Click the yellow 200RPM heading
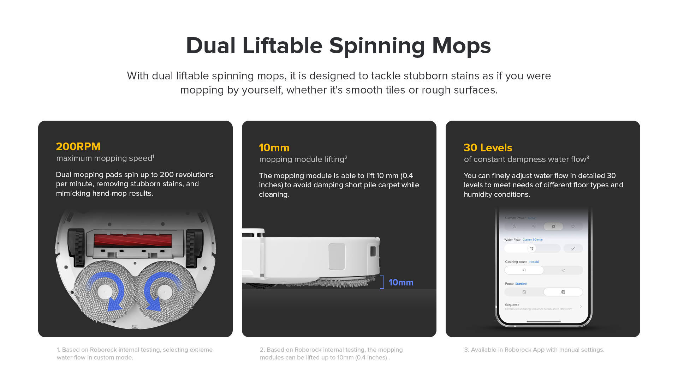pos(78,146)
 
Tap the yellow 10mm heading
pos(274,147)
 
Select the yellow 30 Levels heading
pos(488,147)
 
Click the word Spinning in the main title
pos(377,46)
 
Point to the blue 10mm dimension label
pos(401,282)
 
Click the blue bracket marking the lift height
pos(382,282)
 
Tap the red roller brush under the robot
pos(133,240)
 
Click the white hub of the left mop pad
pos(105,292)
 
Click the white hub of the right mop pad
pos(165,292)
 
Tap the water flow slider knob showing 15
pos(531,248)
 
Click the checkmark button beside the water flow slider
pos(573,248)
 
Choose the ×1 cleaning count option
pos(524,270)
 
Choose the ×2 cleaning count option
pos(563,270)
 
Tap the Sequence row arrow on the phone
pos(581,307)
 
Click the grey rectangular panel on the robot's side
pos(337,256)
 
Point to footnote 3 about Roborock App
pos(534,350)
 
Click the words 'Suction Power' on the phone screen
pos(515,218)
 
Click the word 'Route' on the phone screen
pos(509,284)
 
